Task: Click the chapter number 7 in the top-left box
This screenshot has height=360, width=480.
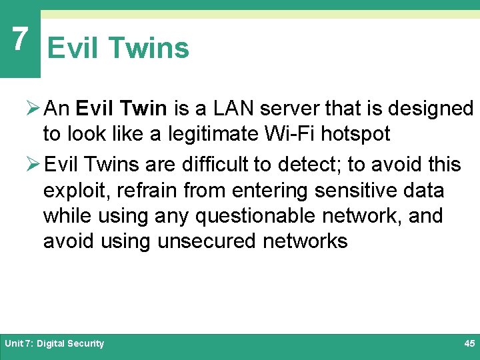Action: point(20,39)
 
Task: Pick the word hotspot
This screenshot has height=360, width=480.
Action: point(356,134)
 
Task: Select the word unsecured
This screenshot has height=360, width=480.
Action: point(207,241)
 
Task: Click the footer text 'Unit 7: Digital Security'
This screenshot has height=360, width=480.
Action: point(55,343)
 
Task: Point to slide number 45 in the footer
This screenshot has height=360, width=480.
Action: point(469,343)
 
